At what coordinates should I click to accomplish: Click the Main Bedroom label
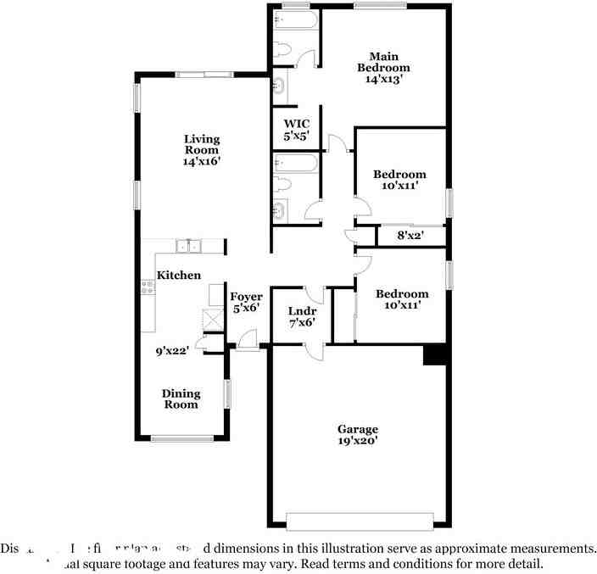pos(383,62)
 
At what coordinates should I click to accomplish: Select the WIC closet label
pos(296,124)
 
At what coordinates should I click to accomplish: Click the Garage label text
pos(357,429)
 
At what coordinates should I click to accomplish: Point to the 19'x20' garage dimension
pos(357,441)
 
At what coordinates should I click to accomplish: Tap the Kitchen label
pos(179,275)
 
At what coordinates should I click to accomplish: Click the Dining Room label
pos(181,398)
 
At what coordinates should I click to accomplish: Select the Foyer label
pos(247,297)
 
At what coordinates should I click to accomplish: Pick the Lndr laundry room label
pos(302,311)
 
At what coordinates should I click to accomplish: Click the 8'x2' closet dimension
pos(410,235)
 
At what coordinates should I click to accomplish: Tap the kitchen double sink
pos(188,247)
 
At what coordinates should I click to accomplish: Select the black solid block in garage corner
pos(435,355)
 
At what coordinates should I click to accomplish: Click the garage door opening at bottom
pos(360,520)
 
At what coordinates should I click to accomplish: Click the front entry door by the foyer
pos(248,339)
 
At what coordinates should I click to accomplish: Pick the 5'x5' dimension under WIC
pos(296,136)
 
